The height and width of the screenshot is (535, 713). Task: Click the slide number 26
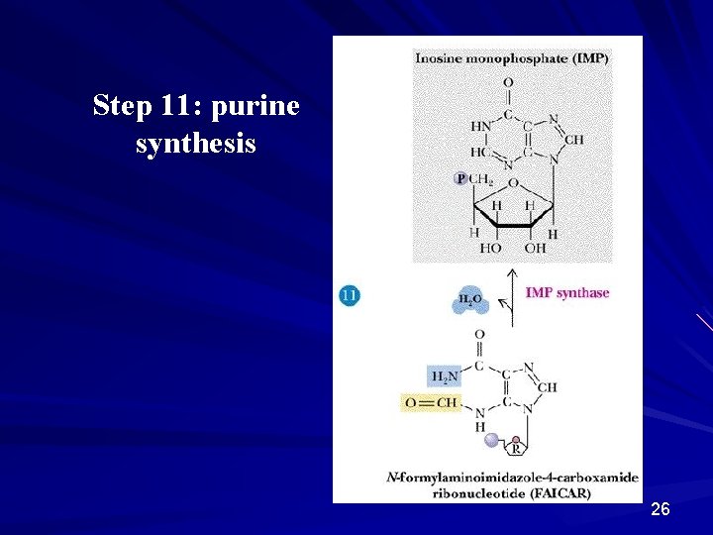pos(661,509)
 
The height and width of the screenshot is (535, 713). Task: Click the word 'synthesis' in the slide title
pos(196,145)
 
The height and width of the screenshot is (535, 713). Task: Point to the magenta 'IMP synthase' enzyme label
pos(567,293)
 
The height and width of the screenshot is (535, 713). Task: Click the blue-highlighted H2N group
pos(444,375)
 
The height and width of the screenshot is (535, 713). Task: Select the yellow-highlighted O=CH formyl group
pos(432,402)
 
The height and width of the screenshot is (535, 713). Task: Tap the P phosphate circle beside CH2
pos(460,178)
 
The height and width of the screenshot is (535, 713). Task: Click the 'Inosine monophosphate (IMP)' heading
pos(512,58)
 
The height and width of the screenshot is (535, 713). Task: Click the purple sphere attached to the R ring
pos(490,439)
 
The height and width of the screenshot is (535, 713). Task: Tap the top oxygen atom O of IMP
pos(508,83)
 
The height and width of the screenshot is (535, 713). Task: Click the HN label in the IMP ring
pos(480,127)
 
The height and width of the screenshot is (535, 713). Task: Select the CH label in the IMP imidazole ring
pos(575,139)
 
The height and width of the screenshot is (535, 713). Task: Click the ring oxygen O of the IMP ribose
pos(512,182)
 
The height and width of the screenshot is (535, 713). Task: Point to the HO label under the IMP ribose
pos(491,248)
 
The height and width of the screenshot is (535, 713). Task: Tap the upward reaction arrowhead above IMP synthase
pos(512,272)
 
